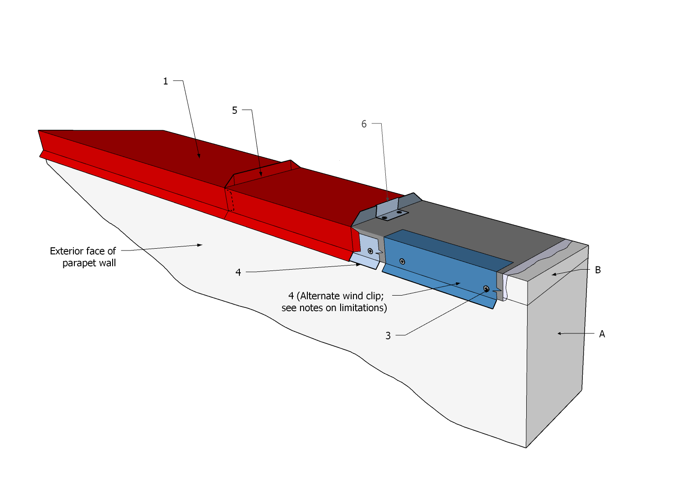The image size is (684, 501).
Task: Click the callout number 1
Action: point(166,82)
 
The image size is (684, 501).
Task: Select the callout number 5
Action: point(235,111)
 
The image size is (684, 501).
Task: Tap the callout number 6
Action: point(364,124)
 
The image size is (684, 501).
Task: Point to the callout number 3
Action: point(388,336)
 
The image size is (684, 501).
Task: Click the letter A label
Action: point(602,334)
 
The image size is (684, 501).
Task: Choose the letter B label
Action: point(598,270)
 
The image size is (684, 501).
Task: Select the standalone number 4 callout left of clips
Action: point(238,272)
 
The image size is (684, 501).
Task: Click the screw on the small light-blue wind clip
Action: point(370,251)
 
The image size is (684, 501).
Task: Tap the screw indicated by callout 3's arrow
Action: point(487,288)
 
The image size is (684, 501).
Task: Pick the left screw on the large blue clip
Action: point(402,261)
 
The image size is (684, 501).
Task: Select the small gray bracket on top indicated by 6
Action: point(391,211)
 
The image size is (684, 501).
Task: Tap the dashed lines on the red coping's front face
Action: point(230,201)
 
